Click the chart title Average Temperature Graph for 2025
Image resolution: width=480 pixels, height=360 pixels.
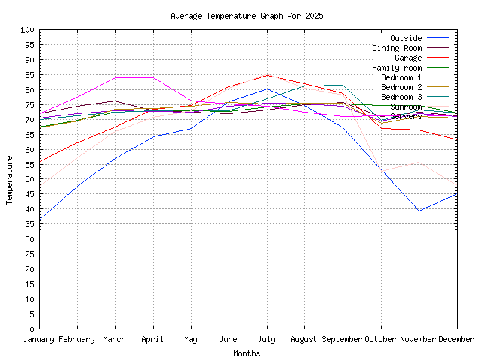247,16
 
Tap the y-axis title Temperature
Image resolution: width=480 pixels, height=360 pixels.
10,179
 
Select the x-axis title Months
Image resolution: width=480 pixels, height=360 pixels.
247,353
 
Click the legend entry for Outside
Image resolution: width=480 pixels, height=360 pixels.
406,38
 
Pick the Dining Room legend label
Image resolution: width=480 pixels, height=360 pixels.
397,48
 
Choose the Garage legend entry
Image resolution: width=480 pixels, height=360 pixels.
408,58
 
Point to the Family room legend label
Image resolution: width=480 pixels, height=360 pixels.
397,67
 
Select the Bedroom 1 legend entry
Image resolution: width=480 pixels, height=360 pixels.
401,77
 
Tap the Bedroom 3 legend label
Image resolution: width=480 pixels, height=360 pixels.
401,97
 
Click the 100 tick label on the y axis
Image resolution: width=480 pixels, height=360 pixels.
28,30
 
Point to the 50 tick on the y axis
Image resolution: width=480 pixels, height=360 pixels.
30,179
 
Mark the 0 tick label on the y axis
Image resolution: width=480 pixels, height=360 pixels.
32,328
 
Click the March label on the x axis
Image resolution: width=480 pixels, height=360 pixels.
115,340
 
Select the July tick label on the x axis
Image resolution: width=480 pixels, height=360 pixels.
267,340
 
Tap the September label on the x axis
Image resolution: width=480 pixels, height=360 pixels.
343,340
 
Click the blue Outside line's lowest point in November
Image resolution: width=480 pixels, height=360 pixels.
418,211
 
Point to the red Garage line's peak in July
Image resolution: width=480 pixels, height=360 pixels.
267,75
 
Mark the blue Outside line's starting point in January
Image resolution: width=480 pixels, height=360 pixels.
40,220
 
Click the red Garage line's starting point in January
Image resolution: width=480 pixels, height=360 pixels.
40,161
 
